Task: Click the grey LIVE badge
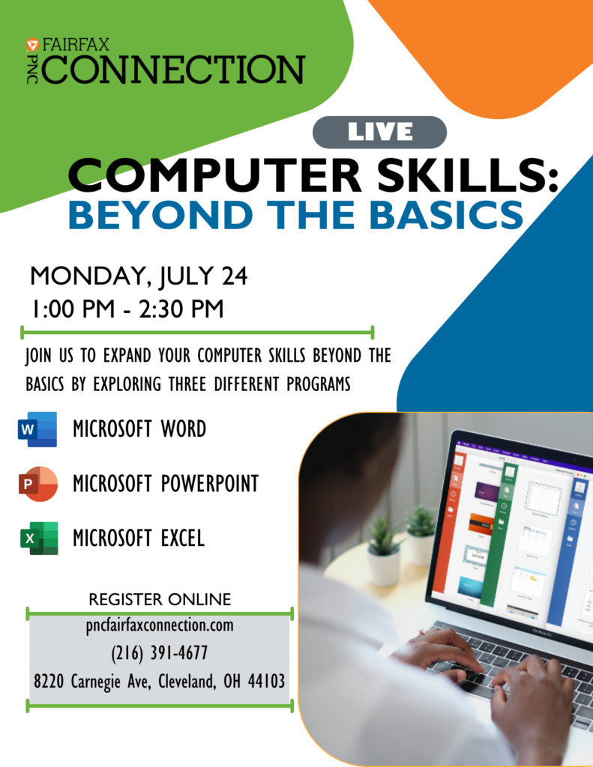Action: tap(379, 132)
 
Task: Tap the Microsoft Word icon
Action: tap(37, 429)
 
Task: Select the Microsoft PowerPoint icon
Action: tap(37, 484)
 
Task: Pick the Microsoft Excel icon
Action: tap(39, 538)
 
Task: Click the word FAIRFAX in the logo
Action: tap(76, 45)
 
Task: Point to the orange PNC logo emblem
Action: tap(32, 45)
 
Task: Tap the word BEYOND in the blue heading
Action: tap(161, 215)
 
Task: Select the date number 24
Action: tap(235, 276)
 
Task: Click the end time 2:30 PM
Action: tap(181, 309)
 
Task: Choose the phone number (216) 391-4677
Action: tap(159, 652)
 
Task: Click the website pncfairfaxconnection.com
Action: tap(160, 625)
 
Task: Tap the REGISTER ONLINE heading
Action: tap(160, 599)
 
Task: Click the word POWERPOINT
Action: tap(210, 483)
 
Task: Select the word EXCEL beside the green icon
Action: tap(183, 538)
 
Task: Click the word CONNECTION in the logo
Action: tap(173, 69)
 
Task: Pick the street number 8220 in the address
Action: tap(49, 681)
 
